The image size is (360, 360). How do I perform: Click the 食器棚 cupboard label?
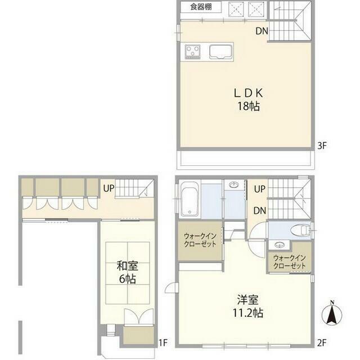(x=201, y=7)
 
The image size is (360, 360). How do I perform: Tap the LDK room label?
(x=249, y=93)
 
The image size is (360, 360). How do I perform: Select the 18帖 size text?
(x=249, y=106)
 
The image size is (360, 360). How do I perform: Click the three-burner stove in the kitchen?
(x=192, y=52)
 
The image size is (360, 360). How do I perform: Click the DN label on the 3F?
(x=262, y=31)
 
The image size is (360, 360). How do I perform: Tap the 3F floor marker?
(x=322, y=146)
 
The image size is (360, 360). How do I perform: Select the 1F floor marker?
(x=163, y=343)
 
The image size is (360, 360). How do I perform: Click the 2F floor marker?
(x=322, y=343)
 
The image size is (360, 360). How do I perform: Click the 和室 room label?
(x=128, y=266)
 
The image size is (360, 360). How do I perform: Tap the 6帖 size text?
(x=128, y=279)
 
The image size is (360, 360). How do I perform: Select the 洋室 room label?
(x=248, y=300)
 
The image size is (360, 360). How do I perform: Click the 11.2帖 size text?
(x=248, y=313)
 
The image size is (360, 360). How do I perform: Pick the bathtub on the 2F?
(x=190, y=199)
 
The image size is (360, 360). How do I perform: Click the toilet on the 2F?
(x=300, y=230)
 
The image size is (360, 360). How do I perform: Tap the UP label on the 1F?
(x=109, y=188)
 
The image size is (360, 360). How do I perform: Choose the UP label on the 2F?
(x=260, y=189)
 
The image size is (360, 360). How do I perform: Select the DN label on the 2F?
(x=260, y=210)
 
